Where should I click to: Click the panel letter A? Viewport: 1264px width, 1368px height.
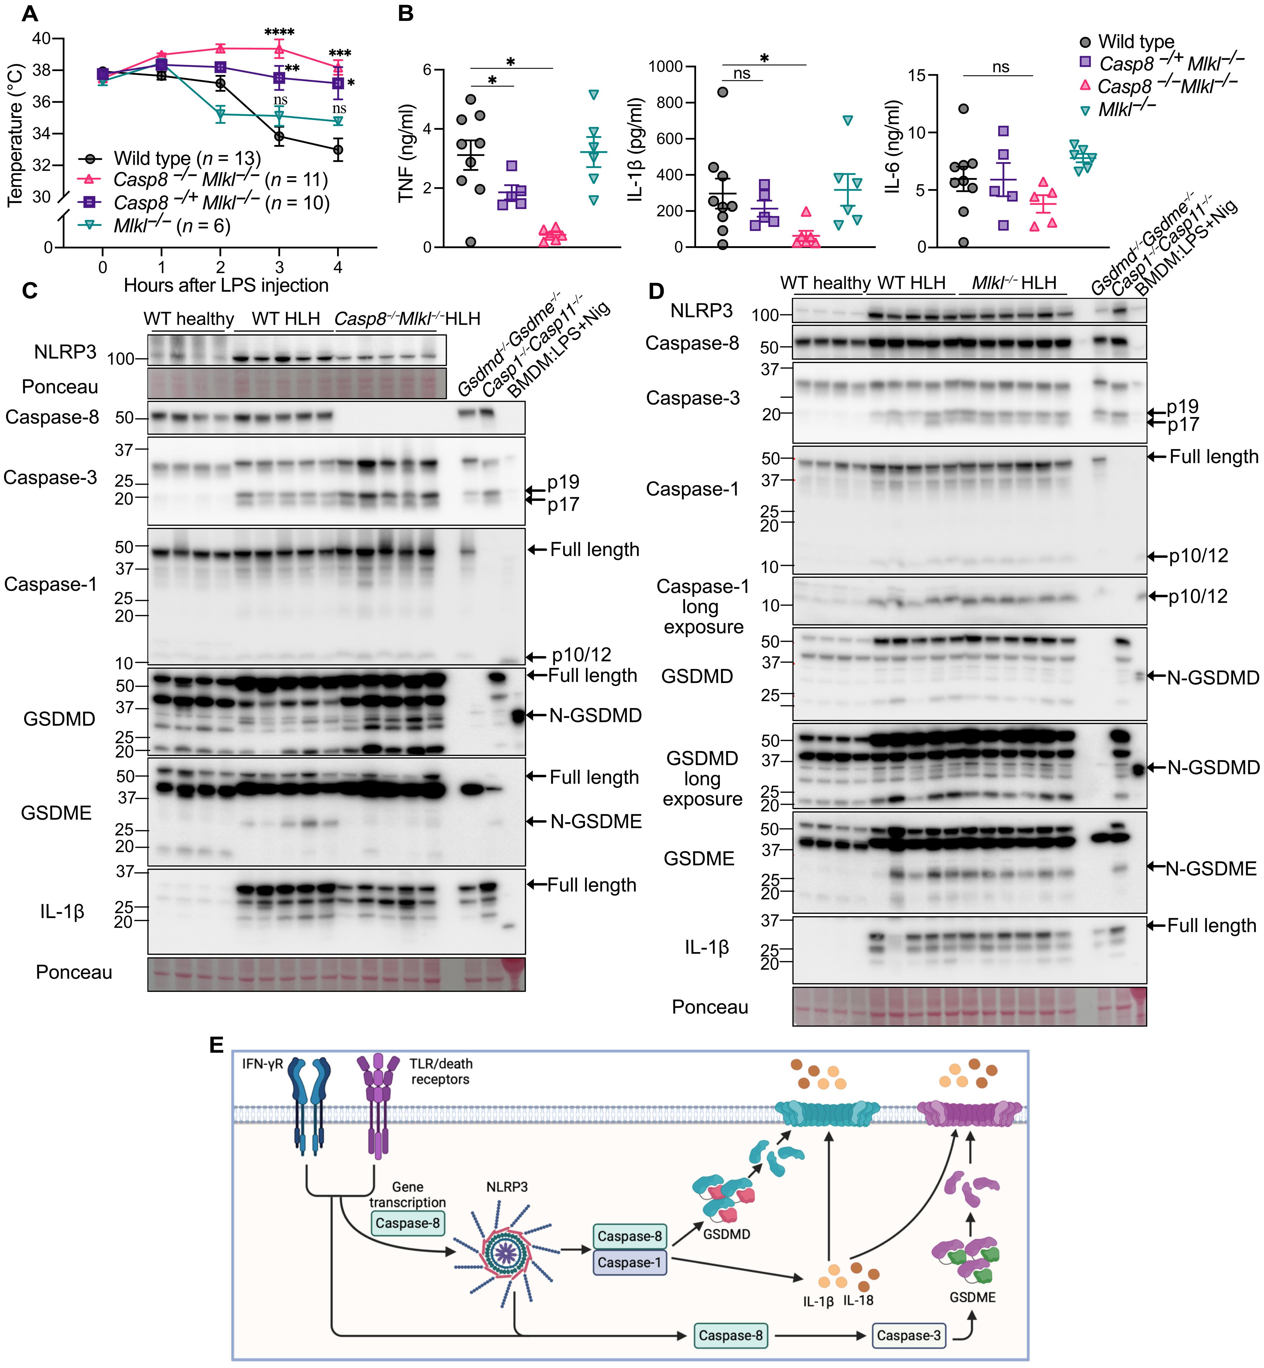tap(29, 14)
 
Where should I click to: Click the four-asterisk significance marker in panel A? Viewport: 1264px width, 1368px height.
tap(279, 32)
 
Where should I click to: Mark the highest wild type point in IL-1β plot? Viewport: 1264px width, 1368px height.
tap(722, 92)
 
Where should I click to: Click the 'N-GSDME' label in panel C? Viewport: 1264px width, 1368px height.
tap(596, 821)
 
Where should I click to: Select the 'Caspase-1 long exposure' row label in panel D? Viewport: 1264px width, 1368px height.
tap(703, 607)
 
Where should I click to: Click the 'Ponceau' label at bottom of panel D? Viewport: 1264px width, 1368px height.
tap(710, 1007)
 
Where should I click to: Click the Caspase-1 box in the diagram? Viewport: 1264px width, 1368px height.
tap(629, 1263)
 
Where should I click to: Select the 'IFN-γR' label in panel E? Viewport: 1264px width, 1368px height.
tap(262, 1064)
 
